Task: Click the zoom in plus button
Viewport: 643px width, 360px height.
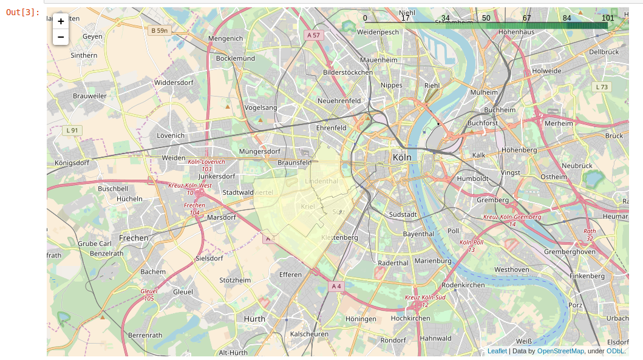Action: [61, 21]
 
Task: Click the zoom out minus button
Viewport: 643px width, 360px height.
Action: [61, 37]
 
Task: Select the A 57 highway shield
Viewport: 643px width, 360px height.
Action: [313, 35]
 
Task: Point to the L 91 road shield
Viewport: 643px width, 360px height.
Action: [72, 130]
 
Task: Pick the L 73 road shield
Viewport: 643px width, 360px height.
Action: [601, 87]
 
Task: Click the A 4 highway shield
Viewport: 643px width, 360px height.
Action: [336, 286]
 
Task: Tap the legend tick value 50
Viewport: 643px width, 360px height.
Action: [486, 18]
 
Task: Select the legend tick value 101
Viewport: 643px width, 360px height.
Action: [608, 18]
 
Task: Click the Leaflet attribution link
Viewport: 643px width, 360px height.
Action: [497, 351]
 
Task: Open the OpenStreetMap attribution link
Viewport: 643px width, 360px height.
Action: [560, 351]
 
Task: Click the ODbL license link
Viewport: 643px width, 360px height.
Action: [614, 351]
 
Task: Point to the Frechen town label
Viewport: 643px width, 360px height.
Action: [134, 238]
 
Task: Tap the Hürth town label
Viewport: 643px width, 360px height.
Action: [254, 318]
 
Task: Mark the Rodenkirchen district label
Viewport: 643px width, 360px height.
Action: [463, 285]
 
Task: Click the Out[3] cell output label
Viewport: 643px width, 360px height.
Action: [23, 12]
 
